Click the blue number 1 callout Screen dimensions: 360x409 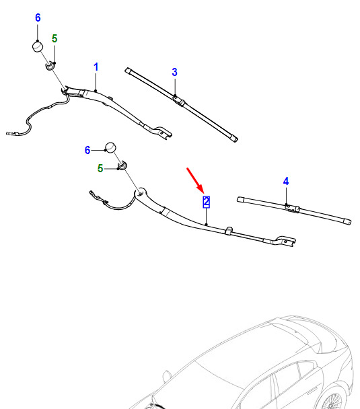click(96, 67)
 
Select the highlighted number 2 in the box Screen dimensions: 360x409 click(206, 202)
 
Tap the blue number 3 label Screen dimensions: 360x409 click(174, 72)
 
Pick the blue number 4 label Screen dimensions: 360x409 click(286, 181)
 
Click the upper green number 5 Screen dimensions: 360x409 click(55, 38)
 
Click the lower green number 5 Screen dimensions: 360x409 click(100, 168)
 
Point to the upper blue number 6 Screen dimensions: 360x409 click(38, 17)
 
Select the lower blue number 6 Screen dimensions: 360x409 click(87, 150)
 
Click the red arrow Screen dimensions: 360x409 click(195, 180)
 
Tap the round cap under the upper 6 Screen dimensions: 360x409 click(38, 46)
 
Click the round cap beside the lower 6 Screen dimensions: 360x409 click(110, 147)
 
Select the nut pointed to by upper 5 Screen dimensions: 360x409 click(50, 66)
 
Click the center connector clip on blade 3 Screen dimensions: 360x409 click(179, 101)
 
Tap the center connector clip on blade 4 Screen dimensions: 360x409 click(293, 208)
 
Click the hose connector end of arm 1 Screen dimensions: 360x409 click(11, 134)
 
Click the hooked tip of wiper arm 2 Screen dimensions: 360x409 click(285, 241)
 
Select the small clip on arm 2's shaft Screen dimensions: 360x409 click(229, 230)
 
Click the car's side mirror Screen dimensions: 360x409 click(166, 375)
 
